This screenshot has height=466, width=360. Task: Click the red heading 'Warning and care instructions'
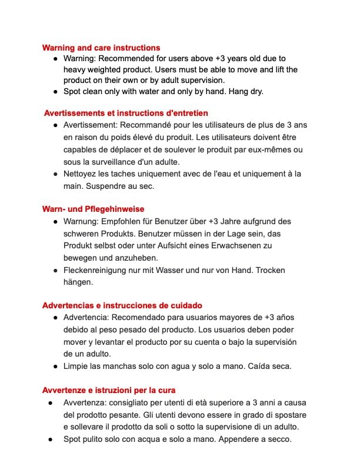click(x=101, y=48)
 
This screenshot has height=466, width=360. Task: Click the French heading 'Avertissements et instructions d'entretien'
click(x=126, y=112)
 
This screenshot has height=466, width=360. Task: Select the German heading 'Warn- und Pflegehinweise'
click(x=93, y=209)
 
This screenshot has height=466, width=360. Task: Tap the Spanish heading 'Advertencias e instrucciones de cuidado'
click(x=122, y=305)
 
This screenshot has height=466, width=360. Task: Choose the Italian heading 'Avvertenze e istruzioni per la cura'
click(x=109, y=390)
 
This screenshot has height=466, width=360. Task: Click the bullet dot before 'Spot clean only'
click(x=55, y=92)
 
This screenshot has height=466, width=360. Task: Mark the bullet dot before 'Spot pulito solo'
click(x=52, y=439)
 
